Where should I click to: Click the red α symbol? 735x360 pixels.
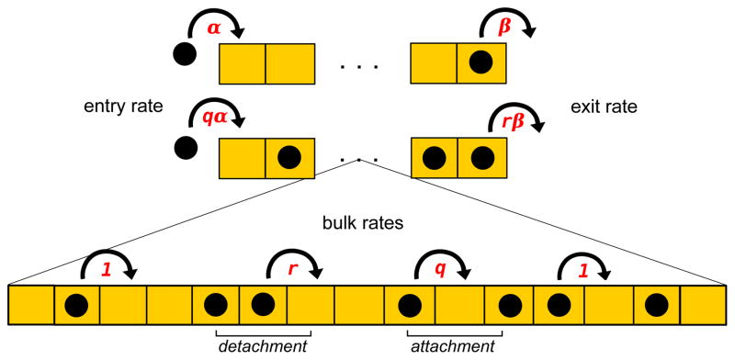214,28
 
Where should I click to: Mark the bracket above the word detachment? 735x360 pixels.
261,331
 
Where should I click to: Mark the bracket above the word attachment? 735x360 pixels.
455,331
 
